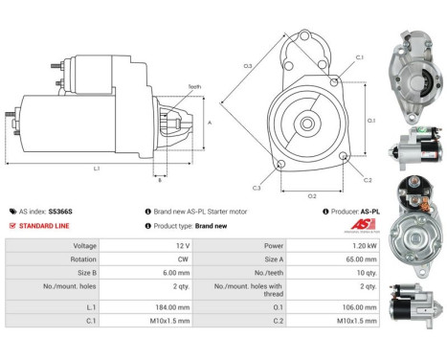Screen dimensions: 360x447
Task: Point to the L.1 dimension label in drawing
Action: point(97,169)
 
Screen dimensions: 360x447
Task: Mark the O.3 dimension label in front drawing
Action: point(247,65)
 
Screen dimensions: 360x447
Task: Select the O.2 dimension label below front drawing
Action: point(311,195)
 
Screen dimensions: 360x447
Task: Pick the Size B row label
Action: point(84,272)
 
